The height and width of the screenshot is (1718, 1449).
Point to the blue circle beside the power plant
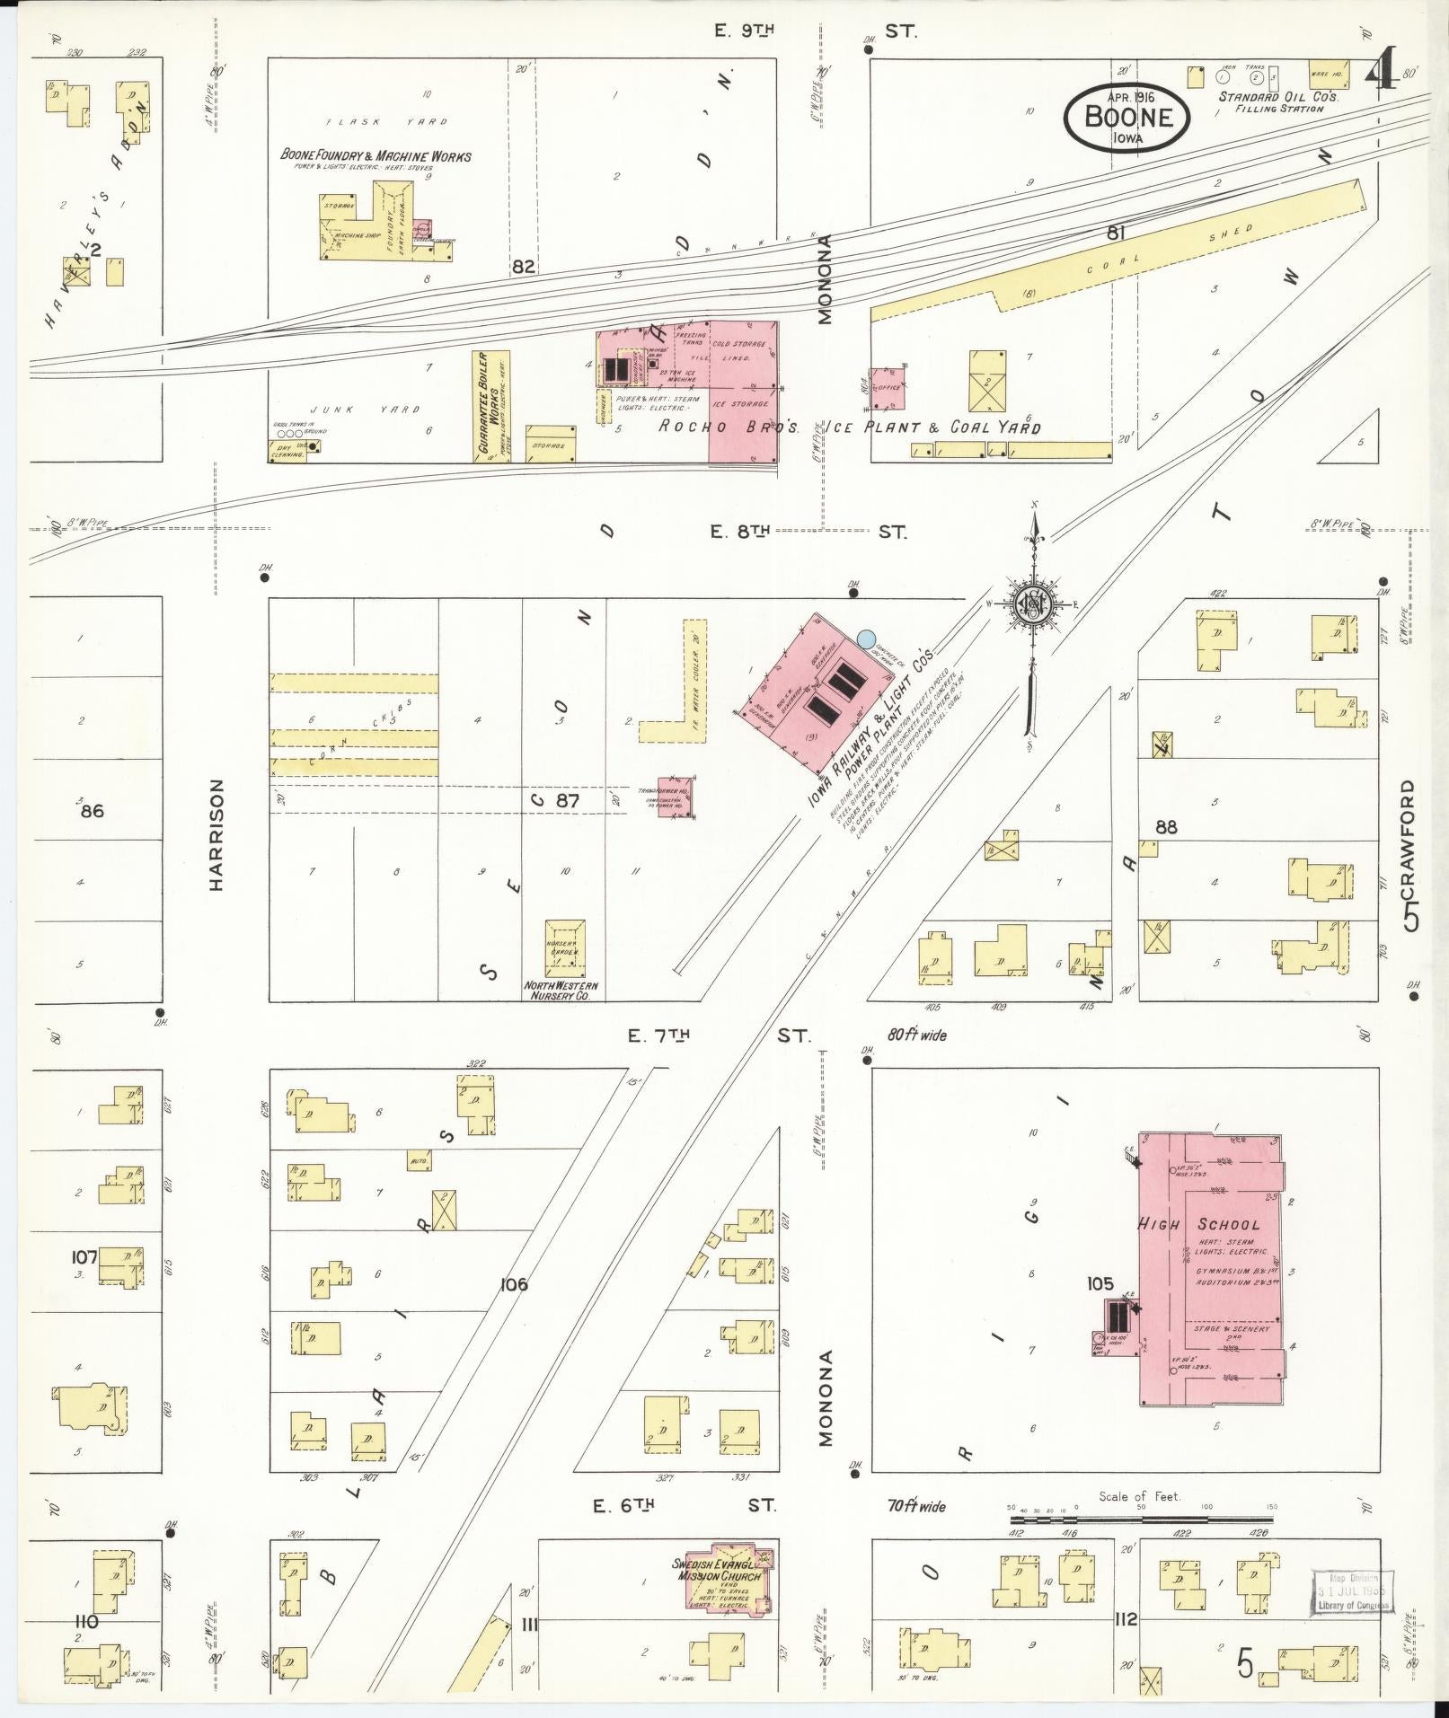click(866, 639)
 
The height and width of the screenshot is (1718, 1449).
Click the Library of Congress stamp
click(1353, 1591)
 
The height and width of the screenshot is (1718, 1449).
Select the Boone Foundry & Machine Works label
click(376, 156)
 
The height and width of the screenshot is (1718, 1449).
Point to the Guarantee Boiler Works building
click(491, 406)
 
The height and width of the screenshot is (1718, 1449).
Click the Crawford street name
click(1408, 853)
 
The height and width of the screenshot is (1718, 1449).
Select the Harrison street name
click(216, 835)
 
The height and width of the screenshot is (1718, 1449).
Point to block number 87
click(567, 800)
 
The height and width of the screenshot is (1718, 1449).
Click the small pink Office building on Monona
click(888, 386)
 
